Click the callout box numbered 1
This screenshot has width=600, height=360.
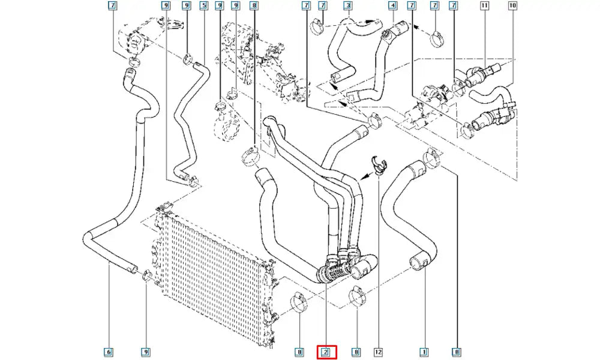click(423, 352)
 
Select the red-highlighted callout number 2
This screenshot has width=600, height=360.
click(326, 352)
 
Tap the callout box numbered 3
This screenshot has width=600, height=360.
click(348, 6)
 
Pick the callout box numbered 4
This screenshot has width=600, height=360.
click(392, 6)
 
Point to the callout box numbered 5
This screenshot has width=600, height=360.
click(204, 6)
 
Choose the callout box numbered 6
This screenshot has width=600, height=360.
click(109, 352)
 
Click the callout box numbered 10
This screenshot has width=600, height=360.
click(512, 6)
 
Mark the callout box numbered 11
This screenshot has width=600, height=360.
click(484, 6)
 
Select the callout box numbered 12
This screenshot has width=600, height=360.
click(379, 352)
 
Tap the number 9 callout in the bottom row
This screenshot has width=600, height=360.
click(145, 352)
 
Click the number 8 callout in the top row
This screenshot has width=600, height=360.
click(254, 6)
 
